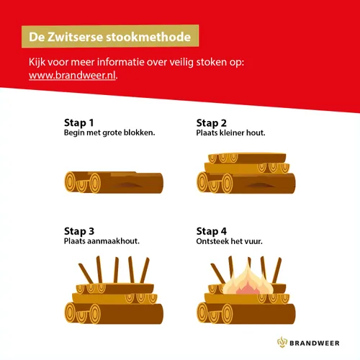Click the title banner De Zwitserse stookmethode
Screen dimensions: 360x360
[x=109, y=35]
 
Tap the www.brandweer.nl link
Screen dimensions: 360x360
[x=73, y=76]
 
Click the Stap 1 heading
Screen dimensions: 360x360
[x=79, y=122]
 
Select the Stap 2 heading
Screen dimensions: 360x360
[x=212, y=122]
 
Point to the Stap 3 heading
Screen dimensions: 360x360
[x=79, y=231]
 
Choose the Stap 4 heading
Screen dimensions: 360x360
[x=212, y=231]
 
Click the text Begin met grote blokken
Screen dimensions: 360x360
[x=109, y=133]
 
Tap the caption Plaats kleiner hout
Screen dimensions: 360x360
[x=230, y=133]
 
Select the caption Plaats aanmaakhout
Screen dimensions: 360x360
[x=102, y=242]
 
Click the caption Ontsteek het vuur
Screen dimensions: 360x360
[x=229, y=242]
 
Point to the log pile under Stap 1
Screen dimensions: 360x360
[x=114, y=183]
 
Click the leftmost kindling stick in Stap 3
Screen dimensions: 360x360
[x=81, y=274]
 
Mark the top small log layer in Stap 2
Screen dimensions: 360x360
[x=246, y=158]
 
